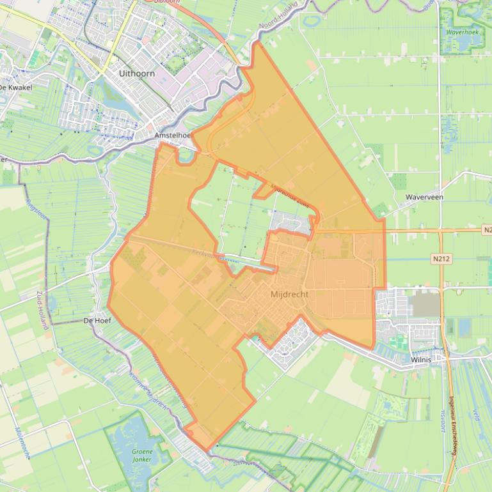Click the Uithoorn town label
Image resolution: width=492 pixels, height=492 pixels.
(137, 73)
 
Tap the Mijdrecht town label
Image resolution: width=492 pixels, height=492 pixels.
(289, 295)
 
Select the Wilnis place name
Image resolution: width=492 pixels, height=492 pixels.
(420, 360)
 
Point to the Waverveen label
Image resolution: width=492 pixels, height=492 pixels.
(424, 197)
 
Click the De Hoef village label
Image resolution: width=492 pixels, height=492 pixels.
(98, 321)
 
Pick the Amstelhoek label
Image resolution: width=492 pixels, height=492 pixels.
(173, 136)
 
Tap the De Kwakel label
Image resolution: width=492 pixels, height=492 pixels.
(15, 87)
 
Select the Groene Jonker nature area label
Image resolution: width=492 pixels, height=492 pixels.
(142, 456)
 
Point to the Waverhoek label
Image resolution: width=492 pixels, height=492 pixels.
(462, 32)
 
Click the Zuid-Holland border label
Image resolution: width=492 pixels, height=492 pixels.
(44, 310)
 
